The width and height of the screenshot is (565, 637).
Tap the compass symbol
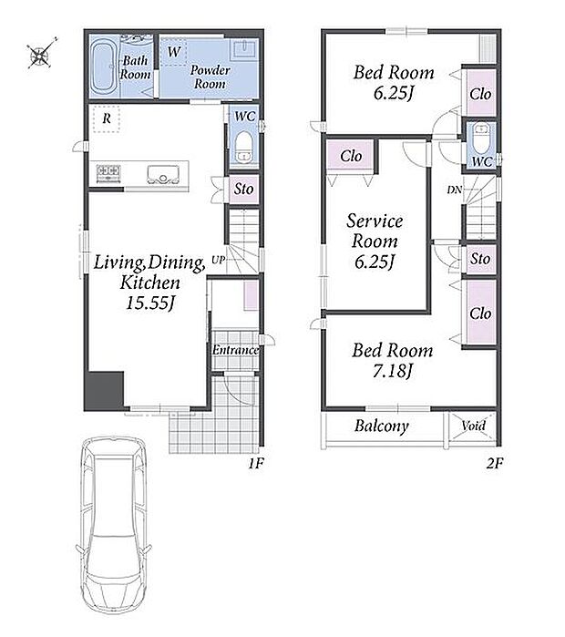(x=41, y=53)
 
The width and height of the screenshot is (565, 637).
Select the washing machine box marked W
(x=173, y=52)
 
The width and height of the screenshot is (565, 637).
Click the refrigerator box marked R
(x=106, y=118)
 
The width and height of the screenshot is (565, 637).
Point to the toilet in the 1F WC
(x=244, y=146)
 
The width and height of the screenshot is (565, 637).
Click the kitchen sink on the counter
(x=163, y=175)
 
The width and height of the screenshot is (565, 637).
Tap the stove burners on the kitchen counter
(x=108, y=173)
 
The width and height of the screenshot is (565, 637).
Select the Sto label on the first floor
(x=243, y=189)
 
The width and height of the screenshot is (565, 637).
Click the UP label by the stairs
(x=218, y=260)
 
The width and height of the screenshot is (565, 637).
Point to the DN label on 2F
(x=455, y=190)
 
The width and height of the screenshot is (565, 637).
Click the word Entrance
(x=235, y=350)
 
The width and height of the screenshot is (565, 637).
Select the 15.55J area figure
(x=150, y=303)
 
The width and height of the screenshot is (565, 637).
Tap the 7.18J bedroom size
(x=393, y=371)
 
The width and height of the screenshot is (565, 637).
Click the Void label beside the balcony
(x=473, y=426)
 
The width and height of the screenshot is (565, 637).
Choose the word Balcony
(x=382, y=426)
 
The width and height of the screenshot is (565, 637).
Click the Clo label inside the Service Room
(x=351, y=156)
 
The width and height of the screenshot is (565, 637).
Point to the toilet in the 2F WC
(x=482, y=139)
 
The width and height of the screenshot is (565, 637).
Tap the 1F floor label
(x=256, y=463)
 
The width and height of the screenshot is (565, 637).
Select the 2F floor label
(x=495, y=463)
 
